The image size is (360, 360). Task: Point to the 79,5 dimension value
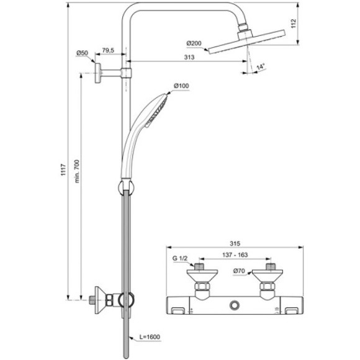[x=109, y=50]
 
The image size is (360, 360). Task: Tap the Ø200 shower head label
[x=194, y=43]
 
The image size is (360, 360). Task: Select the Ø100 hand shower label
[x=181, y=84]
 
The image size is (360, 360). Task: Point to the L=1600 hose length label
[x=149, y=337]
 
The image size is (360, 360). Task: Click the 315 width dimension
[x=234, y=244]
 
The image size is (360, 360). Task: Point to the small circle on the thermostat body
[x=235, y=305]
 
